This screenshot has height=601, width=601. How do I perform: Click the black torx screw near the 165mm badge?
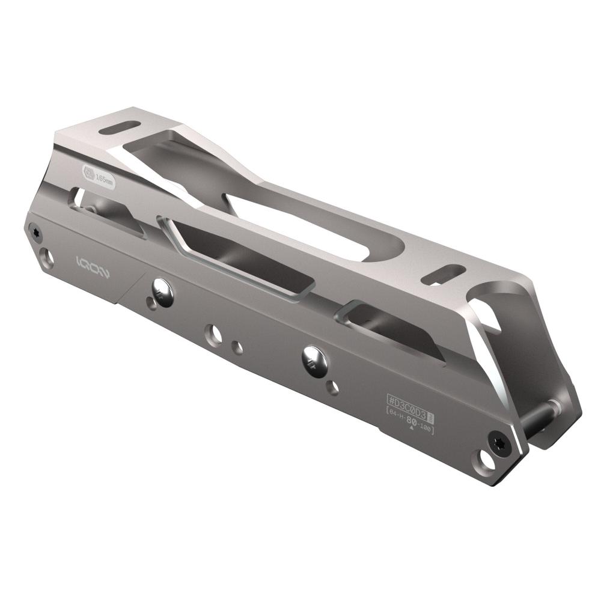[x=35, y=231]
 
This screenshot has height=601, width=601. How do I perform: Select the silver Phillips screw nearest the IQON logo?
[x=162, y=292]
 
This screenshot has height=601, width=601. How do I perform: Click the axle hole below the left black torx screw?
[x=47, y=258]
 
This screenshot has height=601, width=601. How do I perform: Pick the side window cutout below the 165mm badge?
[x=105, y=207]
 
